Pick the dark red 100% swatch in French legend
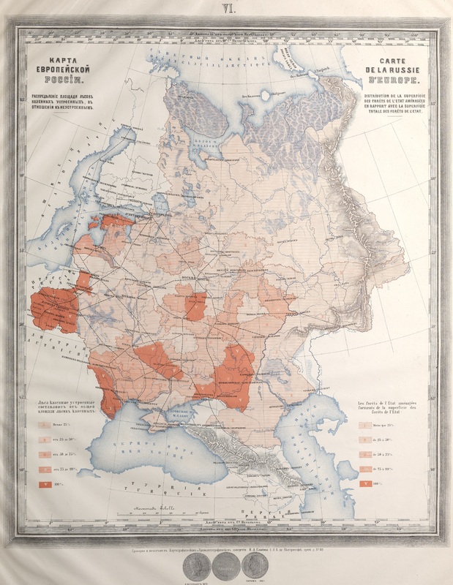(x=364, y=485)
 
